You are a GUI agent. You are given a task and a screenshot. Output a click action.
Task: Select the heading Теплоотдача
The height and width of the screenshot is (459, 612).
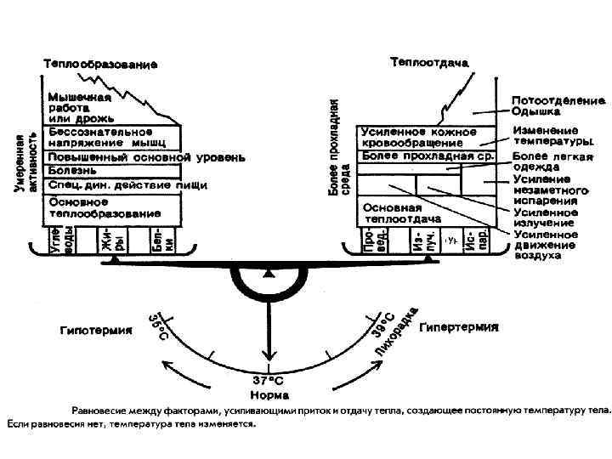[430, 62]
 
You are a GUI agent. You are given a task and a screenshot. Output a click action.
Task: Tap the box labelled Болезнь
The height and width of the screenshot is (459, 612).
[110, 171]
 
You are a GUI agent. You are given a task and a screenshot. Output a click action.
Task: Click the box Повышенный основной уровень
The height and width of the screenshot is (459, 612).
[110, 157]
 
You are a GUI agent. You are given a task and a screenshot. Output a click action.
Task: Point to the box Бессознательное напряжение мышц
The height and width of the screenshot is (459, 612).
[110, 139]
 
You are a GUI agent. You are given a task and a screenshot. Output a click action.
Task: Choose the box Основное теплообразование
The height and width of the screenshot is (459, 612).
[110, 208]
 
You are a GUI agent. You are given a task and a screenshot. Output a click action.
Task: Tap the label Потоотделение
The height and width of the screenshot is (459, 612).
[558, 100]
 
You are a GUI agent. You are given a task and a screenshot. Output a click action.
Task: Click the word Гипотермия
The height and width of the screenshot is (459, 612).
[95, 329]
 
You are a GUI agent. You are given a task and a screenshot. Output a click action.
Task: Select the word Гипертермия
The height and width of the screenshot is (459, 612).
[459, 326]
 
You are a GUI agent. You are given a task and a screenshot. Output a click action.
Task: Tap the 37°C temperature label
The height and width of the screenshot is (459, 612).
[269, 381]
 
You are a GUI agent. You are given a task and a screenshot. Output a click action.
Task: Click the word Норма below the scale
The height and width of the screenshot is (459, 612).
[269, 394]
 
